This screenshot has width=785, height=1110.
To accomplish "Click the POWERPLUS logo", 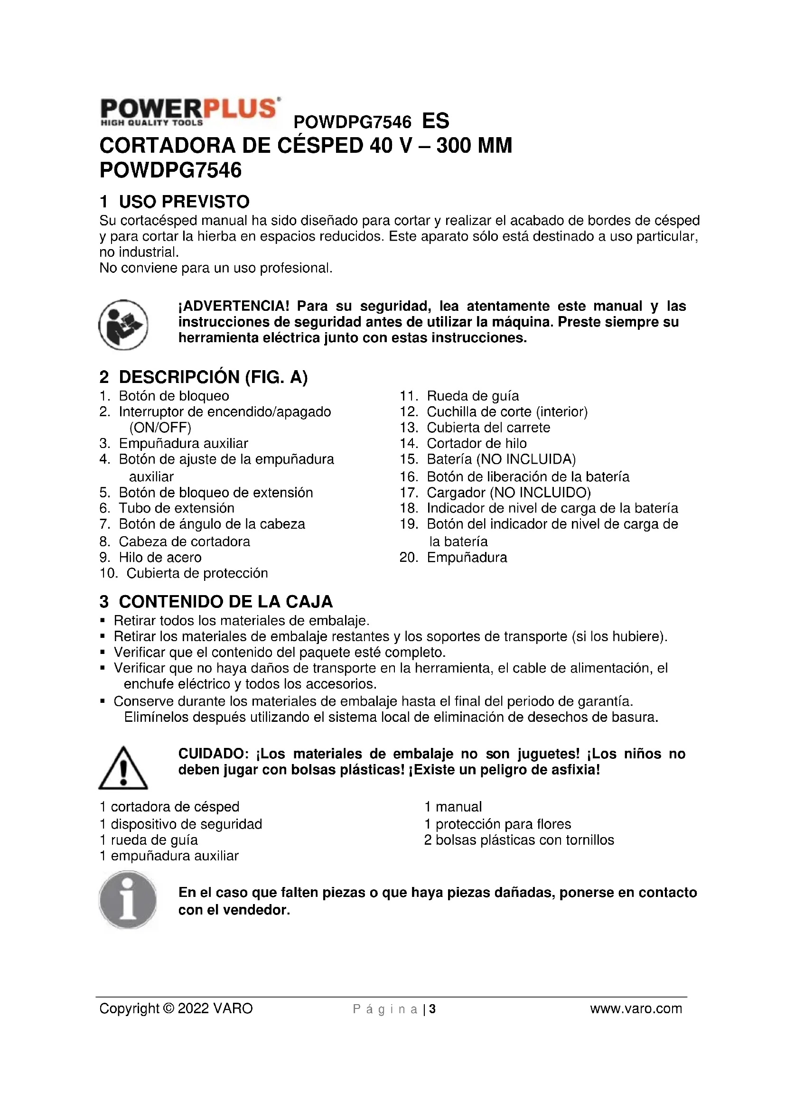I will (189, 112).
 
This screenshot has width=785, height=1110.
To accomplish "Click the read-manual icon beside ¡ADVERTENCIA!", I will (123, 325).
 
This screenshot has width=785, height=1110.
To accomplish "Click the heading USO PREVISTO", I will (184, 201).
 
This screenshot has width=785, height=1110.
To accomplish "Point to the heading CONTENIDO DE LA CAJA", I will (225, 601).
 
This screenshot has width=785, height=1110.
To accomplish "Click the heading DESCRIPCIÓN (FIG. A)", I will (213, 377).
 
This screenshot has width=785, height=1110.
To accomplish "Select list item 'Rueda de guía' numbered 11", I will (472, 396).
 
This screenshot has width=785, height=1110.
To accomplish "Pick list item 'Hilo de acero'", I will (160, 557).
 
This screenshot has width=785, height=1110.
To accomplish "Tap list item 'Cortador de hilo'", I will (476, 443).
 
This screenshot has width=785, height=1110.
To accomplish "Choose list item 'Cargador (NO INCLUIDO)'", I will (508, 493).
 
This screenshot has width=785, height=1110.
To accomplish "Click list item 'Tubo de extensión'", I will (177, 508).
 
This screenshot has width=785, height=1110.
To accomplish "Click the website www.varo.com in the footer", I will (635, 1008).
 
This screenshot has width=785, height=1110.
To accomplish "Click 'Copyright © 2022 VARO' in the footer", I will (176, 1008).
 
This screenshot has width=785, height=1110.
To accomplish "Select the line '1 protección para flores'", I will (497, 824).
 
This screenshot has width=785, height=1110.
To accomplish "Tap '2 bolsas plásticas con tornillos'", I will (519, 840).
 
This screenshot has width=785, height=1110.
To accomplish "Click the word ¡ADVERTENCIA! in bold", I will (234, 306).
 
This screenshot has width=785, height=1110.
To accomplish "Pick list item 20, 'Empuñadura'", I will (467, 558).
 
